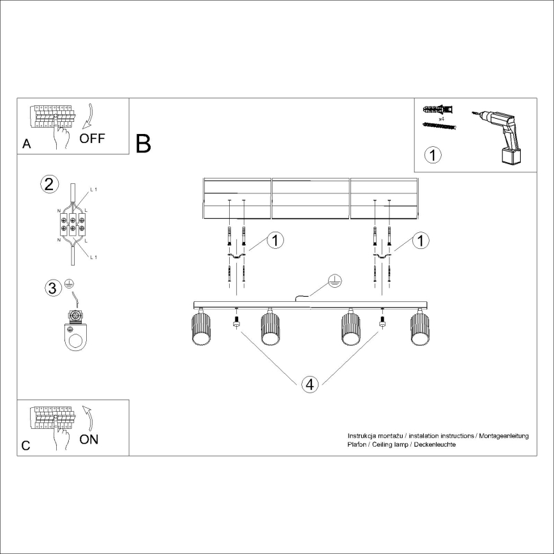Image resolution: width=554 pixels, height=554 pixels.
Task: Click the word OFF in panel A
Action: pos(93,138)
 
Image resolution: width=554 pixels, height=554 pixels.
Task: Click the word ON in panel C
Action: pos(89,440)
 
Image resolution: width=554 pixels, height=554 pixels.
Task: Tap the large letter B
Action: pos(144,144)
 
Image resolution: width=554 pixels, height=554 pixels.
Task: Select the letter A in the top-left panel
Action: pos(26,144)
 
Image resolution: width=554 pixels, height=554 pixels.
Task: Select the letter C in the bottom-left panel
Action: pos(26,446)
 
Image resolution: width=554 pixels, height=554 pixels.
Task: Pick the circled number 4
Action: pos(309,384)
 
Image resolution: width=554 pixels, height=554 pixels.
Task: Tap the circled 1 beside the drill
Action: pos(433,154)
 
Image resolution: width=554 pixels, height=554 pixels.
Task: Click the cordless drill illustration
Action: pos(502,135)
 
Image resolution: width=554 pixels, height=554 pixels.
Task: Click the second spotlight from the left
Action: pos(270,329)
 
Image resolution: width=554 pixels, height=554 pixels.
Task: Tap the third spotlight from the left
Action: pos(350,329)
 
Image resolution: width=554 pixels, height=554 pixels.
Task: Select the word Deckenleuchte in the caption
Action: pos(434,444)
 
